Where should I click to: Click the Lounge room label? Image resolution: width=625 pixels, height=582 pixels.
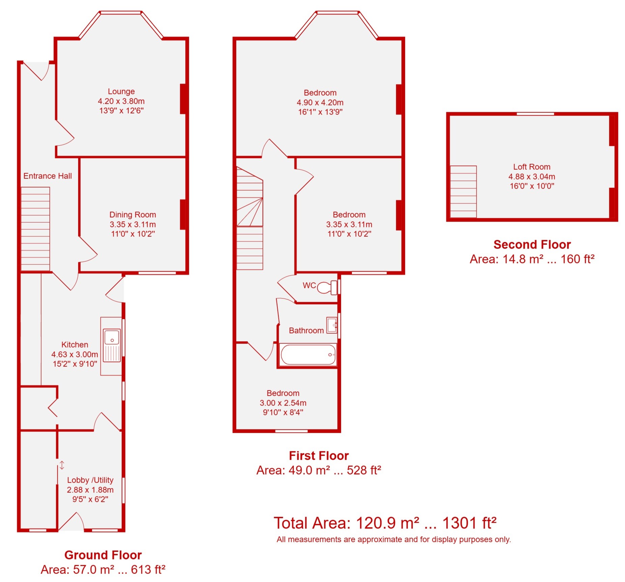click(x=121, y=91)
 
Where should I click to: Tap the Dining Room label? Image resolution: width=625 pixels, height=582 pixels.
click(x=132, y=215)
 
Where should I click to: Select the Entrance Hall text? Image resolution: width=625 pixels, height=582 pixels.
click(x=48, y=176)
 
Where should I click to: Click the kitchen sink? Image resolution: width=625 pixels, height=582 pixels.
click(x=112, y=345)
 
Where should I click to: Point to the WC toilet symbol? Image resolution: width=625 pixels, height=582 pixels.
click(x=327, y=287)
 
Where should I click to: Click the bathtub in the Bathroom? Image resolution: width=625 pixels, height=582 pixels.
click(x=308, y=354)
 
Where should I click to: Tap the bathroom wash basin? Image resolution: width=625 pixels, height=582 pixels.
click(x=332, y=325)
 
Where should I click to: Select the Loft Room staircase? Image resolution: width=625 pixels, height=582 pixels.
click(x=463, y=192)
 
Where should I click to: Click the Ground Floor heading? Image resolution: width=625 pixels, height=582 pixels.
click(x=103, y=555)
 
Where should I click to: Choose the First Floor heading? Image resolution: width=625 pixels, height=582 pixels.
click(x=319, y=455)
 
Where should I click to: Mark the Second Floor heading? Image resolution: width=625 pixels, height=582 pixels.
click(x=532, y=244)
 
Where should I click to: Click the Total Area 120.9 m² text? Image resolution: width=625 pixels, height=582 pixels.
click(x=385, y=523)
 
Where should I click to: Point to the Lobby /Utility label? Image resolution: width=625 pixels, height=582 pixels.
click(x=90, y=480)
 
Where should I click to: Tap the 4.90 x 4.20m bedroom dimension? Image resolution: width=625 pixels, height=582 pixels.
click(x=320, y=102)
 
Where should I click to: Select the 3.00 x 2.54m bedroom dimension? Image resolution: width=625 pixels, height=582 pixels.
click(x=283, y=403)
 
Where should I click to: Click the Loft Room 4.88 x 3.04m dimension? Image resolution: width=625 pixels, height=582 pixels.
click(x=532, y=176)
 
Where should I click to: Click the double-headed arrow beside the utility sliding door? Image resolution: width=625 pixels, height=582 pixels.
click(x=62, y=465)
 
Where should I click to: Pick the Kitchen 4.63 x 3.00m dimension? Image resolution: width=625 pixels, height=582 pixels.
click(x=75, y=354)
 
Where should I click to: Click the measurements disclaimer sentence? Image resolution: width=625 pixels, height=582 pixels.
click(x=393, y=539)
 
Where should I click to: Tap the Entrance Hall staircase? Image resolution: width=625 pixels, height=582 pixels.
click(x=35, y=229)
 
